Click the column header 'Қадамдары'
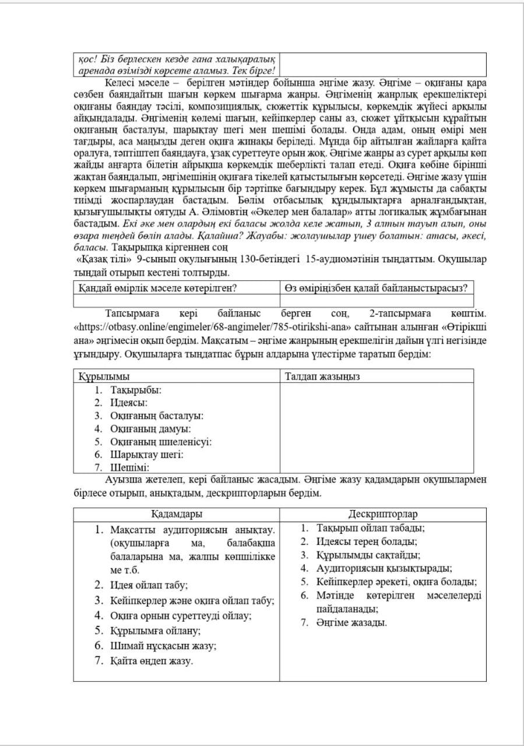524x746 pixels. tap(177, 515)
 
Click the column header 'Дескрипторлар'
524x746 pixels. tap(382, 515)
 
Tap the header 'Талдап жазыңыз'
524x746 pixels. tap(322, 376)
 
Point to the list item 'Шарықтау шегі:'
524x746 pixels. tap(147, 455)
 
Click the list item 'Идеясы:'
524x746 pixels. tap(129, 403)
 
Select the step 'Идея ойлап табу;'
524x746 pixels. tap(149, 585)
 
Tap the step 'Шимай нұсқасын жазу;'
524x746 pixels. tap(163, 646)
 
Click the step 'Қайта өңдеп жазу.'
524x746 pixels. tap(152, 661)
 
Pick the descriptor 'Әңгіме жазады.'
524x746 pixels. tap(351, 623)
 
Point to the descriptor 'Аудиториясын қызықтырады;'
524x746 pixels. tap(385, 569)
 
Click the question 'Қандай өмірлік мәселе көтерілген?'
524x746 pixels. tap(157, 287)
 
